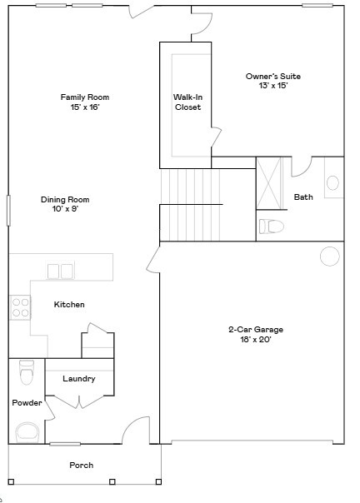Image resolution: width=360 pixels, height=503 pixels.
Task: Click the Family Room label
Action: click(x=84, y=102)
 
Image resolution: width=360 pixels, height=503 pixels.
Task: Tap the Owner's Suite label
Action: click(x=272, y=81)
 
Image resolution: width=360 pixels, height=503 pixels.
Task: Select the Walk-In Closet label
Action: click(x=187, y=102)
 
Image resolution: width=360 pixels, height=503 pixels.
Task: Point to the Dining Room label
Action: click(x=65, y=204)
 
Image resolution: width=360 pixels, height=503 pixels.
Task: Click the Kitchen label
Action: click(x=69, y=305)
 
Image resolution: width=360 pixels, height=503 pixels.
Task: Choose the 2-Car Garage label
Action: click(x=250, y=334)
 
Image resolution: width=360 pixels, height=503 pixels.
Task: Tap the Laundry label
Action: click(x=79, y=379)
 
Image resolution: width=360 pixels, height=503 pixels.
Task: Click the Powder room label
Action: click(x=27, y=403)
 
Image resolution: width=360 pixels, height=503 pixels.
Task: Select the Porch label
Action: click(x=82, y=465)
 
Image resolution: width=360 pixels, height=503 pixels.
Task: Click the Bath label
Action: click(x=303, y=197)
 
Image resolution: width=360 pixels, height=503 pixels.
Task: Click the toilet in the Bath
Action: click(x=272, y=226)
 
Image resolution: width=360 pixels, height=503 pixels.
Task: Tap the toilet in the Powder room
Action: click(x=26, y=374)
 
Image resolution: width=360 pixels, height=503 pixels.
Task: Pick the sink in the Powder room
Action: click(x=28, y=431)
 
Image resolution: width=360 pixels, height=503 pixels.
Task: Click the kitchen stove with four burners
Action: click(x=20, y=308)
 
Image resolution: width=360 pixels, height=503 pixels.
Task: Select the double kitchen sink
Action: click(x=60, y=271)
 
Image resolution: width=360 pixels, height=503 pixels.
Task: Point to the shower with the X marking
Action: click(x=270, y=182)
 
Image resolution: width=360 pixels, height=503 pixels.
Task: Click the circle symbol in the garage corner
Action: click(x=330, y=256)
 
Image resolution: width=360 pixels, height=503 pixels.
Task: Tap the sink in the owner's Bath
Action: click(x=332, y=183)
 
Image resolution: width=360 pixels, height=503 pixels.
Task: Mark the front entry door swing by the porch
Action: click(x=134, y=431)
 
